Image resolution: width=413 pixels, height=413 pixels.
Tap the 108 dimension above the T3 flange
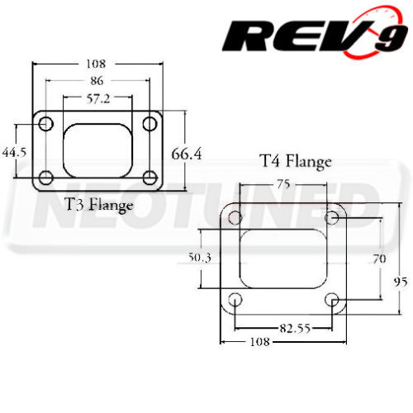pyautogui.click(x=97, y=63)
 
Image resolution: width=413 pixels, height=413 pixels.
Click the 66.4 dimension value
pyautogui.click(x=187, y=154)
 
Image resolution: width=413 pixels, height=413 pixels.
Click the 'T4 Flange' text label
pyautogui.click(x=295, y=161)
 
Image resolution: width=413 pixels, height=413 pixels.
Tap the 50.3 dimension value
pyautogui.click(x=201, y=258)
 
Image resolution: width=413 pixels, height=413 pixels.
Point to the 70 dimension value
pyautogui.click(x=379, y=258)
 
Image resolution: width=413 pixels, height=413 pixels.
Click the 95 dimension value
pyautogui.click(x=401, y=281)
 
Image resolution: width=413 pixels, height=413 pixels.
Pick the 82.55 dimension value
pyautogui.click(x=283, y=328)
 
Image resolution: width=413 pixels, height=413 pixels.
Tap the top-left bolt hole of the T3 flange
pyautogui.click(x=45, y=124)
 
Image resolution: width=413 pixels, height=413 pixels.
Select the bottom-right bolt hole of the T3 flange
pyautogui.click(x=150, y=176)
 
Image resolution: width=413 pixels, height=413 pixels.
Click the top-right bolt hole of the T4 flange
pyautogui.click(x=332, y=217)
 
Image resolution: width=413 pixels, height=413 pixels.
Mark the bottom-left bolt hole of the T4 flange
pyautogui.click(x=235, y=299)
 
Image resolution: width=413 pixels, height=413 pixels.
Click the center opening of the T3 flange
pyautogui.click(x=97, y=150)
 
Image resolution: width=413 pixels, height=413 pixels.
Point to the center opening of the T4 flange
pyautogui.click(x=283, y=258)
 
